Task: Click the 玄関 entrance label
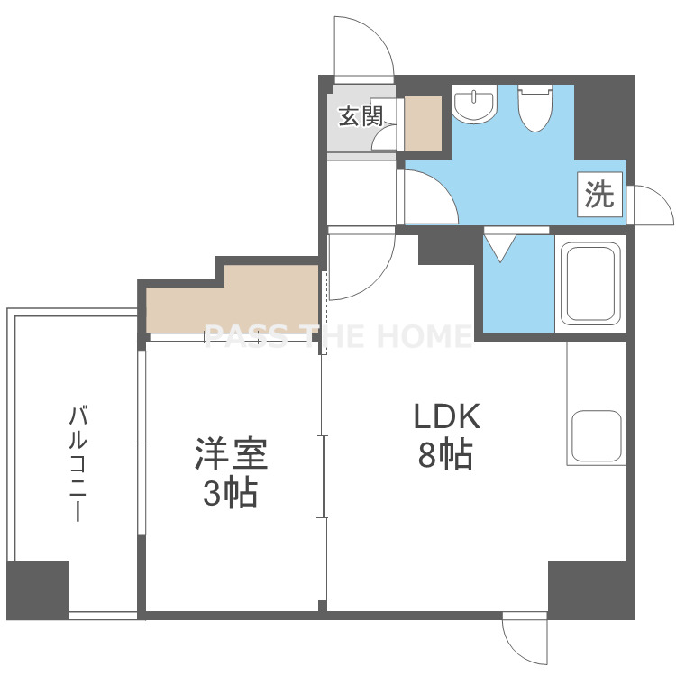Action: click(361, 116)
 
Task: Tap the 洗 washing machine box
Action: click(599, 194)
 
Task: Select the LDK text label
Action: click(447, 416)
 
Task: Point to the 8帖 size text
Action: click(445, 454)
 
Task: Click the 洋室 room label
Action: click(231, 453)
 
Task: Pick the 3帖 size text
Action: click(230, 492)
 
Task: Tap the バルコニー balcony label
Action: click(78, 463)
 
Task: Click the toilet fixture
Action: click(535, 108)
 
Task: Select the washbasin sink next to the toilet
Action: click(474, 104)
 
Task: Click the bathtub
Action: click(589, 284)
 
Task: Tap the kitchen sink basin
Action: click(597, 435)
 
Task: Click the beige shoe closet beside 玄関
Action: click(423, 123)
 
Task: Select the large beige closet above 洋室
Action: click(233, 299)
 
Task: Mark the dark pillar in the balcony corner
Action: click(38, 589)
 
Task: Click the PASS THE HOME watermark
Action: click(338, 337)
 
